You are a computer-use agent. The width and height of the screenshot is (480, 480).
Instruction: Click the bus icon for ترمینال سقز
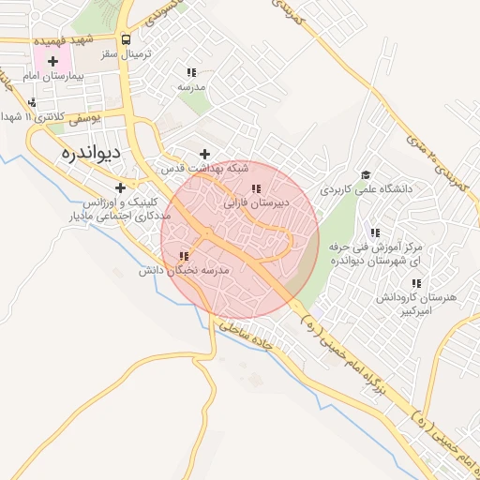(127, 40)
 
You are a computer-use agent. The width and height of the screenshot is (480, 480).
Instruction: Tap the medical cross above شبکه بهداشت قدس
(205, 154)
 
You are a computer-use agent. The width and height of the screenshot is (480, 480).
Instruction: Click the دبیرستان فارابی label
(257, 202)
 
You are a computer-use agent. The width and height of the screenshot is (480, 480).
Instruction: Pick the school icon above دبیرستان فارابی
(256, 188)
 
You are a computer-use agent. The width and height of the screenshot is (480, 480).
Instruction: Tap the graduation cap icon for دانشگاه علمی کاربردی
(365, 174)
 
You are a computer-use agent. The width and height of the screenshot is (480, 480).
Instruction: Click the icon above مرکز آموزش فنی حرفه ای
(375, 232)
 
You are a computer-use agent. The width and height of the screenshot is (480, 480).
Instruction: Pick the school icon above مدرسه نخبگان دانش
(184, 256)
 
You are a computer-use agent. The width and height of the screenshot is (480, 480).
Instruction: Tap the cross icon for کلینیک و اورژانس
(120, 188)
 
